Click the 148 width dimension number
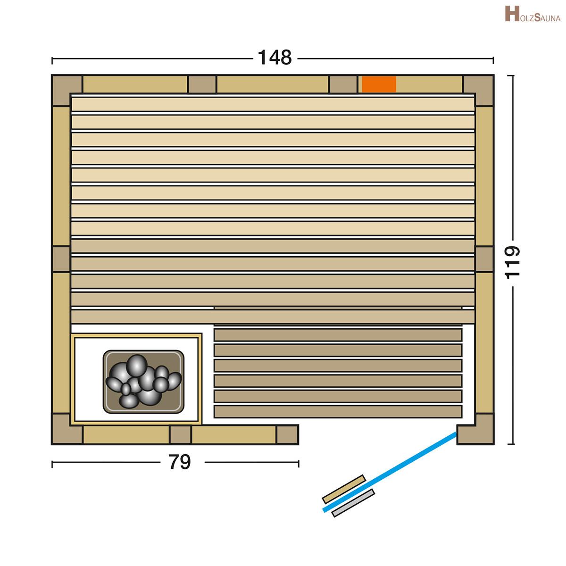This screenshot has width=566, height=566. coord(275,58)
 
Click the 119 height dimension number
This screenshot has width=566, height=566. coord(513,262)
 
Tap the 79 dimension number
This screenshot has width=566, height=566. coord(180,462)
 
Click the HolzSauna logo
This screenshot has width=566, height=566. coord(533,14)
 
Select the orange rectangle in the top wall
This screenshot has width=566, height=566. coord(379,84)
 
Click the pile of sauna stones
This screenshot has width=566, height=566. coord(143,381)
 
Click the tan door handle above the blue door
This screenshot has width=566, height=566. coord(344,489)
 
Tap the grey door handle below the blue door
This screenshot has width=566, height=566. coord(353,503)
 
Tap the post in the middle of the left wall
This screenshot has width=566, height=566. coord(61,259)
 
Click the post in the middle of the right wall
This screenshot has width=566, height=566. coord(484,259)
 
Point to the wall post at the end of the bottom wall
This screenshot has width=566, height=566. coord(287,434)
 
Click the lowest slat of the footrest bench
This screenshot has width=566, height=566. coord(338,411)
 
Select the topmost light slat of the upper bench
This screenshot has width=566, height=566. coord(273,104)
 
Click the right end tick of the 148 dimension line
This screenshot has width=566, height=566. coord(493,60)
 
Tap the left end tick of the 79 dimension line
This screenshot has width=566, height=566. coord(52,464)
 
